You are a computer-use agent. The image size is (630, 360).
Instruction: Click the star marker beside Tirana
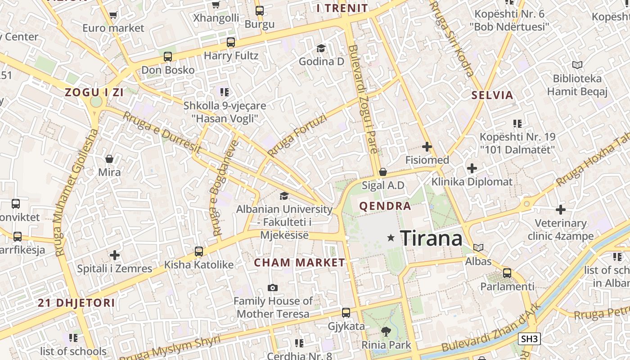tap(391, 238)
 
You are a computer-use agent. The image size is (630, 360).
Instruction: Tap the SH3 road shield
tap(529, 339)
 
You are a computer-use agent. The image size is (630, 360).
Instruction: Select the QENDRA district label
tap(385, 207)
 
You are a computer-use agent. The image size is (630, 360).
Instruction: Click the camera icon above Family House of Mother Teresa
tap(272, 288)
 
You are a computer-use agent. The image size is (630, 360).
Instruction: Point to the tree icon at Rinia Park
tap(386, 332)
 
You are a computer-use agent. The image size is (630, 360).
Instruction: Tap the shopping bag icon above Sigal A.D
tap(383, 172)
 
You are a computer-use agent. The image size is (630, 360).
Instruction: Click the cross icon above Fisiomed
tap(427, 147)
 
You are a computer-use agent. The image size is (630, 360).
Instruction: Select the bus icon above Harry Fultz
tap(231, 43)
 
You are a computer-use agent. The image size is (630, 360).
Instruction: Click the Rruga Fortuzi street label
tap(297, 135)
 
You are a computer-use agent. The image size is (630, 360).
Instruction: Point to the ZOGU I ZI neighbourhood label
tap(94, 93)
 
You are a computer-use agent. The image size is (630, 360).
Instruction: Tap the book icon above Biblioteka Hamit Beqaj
tap(577, 65)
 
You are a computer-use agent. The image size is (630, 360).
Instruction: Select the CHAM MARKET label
tap(299, 263)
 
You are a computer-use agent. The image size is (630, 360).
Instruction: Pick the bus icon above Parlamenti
tap(507, 273)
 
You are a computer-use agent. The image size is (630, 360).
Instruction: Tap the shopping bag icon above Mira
tap(109, 159)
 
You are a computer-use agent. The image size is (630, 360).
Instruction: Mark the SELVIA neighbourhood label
tap(492, 95)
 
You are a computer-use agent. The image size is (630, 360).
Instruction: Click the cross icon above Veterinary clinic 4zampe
tap(560, 210)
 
